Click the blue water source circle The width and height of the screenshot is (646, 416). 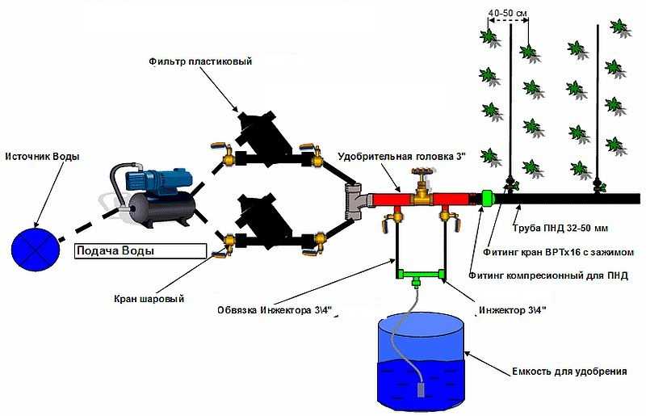tap(36, 249)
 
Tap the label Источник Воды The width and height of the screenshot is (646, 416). tap(42, 157)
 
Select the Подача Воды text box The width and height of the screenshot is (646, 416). tap(140, 250)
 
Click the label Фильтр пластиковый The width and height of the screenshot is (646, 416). tap(200, 61)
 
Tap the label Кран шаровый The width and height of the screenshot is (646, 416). tap(149, 299)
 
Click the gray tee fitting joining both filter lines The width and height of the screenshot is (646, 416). tap(354, 202)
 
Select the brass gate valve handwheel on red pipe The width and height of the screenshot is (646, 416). tap(421, 172)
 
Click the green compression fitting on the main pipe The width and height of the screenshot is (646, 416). tap(487, 200)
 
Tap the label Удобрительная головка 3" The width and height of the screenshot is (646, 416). tap(401, 157)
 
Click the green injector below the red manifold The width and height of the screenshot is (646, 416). tap(420, 275)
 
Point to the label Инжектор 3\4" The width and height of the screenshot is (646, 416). tap(513, 310)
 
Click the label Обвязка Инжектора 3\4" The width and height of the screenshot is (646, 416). tap(275, 310)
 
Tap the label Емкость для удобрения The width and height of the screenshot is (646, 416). tap(569, 372)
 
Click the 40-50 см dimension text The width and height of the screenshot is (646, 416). tap(508, 13)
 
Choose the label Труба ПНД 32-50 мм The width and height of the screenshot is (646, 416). tap(560, 228)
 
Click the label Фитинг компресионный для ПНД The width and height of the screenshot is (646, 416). tap(548, 275)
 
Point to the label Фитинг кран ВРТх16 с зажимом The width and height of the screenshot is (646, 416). tap(558, 251)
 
